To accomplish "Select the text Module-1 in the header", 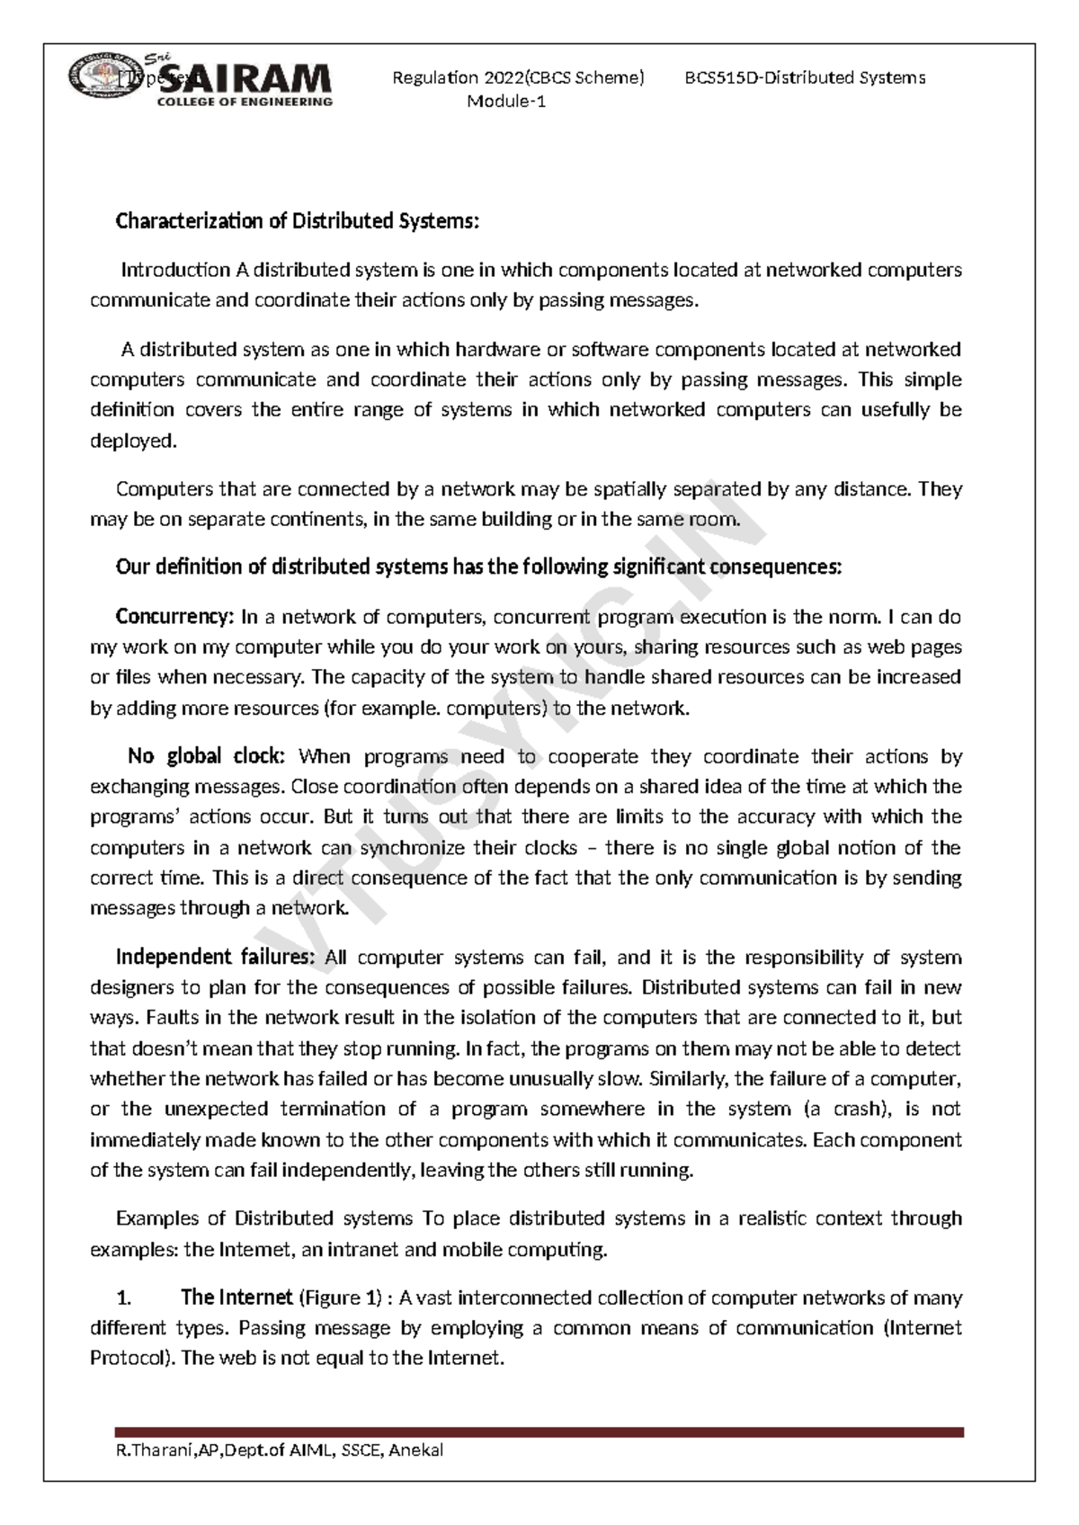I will (x=506, y=102).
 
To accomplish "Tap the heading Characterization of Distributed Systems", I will (x=298, y=221).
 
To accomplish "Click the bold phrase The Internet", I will (x=236, y=1298).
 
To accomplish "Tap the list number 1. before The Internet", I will (x=124, y=1298).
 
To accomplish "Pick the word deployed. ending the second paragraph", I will (x=133, y=441).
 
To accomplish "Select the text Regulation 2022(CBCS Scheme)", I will (x=518, y=78).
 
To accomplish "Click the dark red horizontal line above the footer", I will (x=539, y=1431).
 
